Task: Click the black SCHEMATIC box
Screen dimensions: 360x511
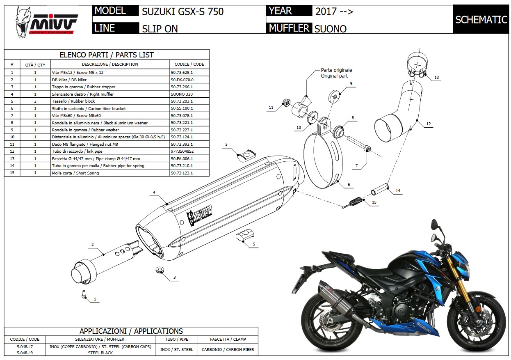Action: pyautogui.click(x=481, y=19)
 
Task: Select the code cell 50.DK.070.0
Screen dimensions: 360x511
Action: pyautogui.click(x=182, y=80)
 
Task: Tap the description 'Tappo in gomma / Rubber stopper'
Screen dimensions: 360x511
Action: pyautogui.click(x=84, y=87)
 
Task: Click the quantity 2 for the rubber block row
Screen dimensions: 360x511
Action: pyautogui.click(x=35, y=101)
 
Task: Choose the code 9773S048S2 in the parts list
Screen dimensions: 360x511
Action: pyautogui.click(x=182, y=151)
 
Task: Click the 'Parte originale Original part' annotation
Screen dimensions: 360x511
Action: pyautogui.click(x=336, y=73)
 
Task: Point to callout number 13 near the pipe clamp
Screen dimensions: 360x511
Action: pyautogui.click(x=436, y=78)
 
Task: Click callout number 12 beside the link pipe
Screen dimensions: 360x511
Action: pyautogui.click(x=429, y=124)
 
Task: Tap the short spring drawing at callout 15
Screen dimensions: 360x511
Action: pyautogui.click(x=355, y=202)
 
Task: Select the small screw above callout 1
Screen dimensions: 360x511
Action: pyautogui.click(x=83, y=294)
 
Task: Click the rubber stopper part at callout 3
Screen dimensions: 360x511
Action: pyautogui.click(x=160, y=270)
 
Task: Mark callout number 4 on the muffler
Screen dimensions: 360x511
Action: pyautogui.click(x=154, y=192)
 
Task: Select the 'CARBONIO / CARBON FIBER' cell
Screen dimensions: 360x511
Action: pyautogui.click(x=228, y=350)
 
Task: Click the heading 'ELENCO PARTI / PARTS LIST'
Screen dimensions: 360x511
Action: pyautogui.click(x=107, y=55)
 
